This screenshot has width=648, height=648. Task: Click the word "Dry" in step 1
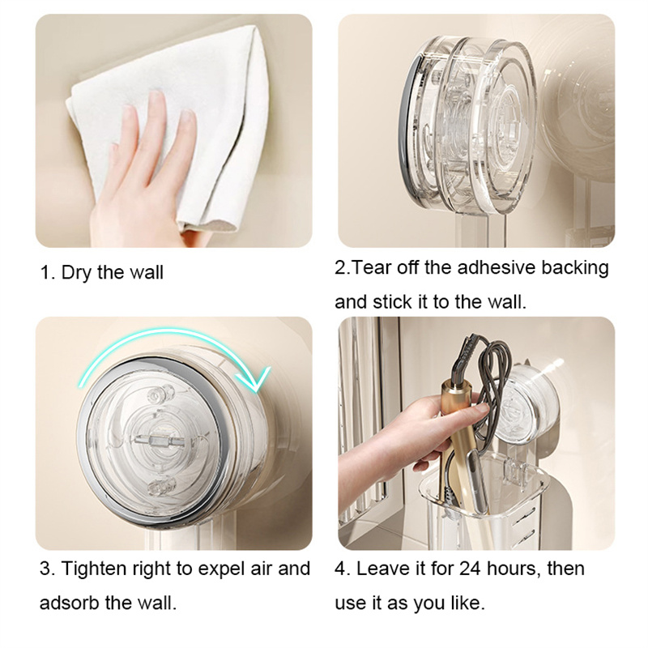[x=76, y=273]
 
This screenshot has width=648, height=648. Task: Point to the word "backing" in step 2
[x=575, y=268]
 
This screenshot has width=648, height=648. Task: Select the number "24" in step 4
[x=470, y=569]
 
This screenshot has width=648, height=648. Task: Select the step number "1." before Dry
[x=48, y=273]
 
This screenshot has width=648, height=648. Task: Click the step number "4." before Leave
[x=343, y=569]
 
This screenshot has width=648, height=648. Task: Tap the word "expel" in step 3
[x=222, y=570]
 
